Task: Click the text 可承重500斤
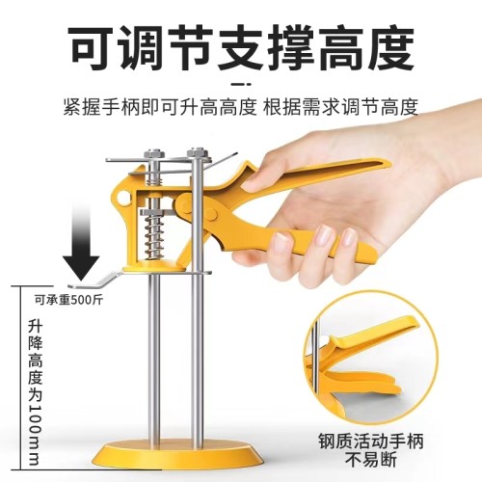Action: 68,297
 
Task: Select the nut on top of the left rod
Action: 155,153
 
